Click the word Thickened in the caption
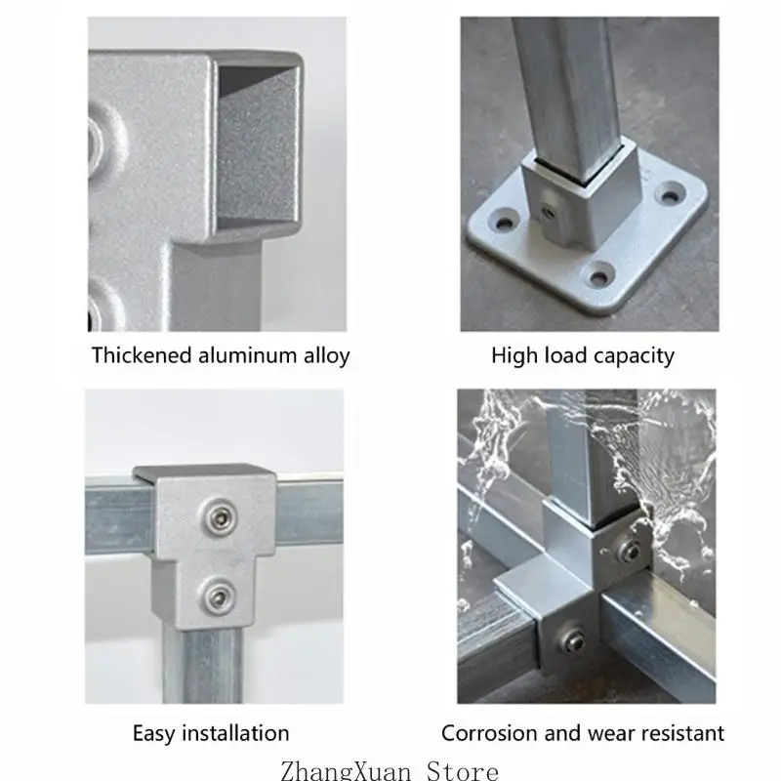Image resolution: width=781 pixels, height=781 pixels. pyautogui.click(x=142, y=355)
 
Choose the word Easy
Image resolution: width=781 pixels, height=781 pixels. pyautogui.click(x=154, y=734)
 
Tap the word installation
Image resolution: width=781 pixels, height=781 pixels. pyautogui.click(x=235, y=733)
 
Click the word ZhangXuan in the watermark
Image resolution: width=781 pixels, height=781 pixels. pyautogui.click(x=346, y=770)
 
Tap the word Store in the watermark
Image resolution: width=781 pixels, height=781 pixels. pyautogui.click(x=462, y=770)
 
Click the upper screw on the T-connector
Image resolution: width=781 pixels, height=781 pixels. pyautogui.click(x=219, y=517)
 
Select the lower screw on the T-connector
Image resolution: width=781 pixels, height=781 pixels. pyautogui.click(x=217, y=596)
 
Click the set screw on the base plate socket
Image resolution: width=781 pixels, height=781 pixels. pyautogui.click(x=550, y=211)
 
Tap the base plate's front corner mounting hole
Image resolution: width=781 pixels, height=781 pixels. pyautogui.click(x=599, y=277)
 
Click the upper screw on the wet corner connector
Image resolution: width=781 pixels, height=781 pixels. pyautogui.click(x=630, y=551)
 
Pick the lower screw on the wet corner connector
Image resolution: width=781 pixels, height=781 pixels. pyautogui.click(x=573, y=637)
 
